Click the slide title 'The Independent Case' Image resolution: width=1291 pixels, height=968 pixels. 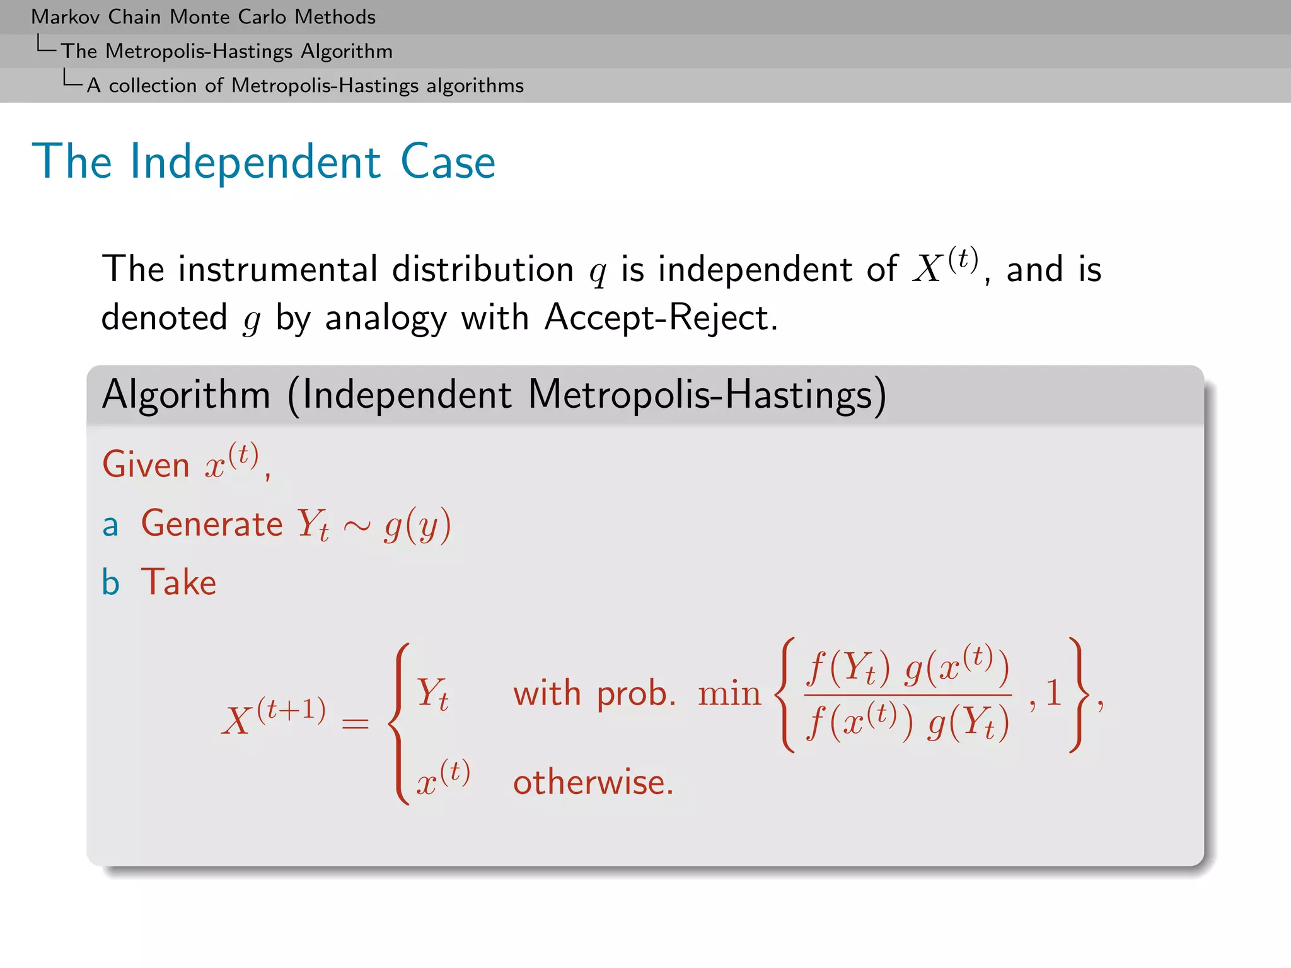pyautogui.click(x=263, y=162)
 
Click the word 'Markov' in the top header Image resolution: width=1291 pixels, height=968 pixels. pyautogui.click(x=66, y=17)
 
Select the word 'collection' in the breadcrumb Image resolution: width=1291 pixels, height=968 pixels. pyautogui.click(x=153, y=86)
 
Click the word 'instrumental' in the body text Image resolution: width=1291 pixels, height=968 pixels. pyautogui.click(x=277, y=269)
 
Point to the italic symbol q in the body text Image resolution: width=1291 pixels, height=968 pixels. pyautogui.click(x=598, y=272)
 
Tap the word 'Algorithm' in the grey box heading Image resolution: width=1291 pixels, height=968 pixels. pyautogui.click(x=186, y=395)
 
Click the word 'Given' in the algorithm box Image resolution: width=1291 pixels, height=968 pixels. pyautogui.click(x=146, y=465)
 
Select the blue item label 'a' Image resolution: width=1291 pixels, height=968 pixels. pyautogui.click(x=110, y=525)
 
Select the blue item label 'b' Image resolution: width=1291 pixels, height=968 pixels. pyautogui.click(x=110, y=582)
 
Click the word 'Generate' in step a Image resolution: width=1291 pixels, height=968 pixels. pyautogui.click(x=212, y=524)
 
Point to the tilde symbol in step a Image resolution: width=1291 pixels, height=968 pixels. pyautogui.click(x=357, y=526)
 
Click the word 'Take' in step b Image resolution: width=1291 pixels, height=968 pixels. pyautogui.click(x=178, y=582)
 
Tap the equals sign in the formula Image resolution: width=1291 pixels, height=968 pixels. pyautogui.click(x=355, y=723)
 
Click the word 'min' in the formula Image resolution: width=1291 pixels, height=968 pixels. pyautogui.click(x=729, y=694)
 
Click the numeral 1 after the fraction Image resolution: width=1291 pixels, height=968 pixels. pyautogui.click(x=1053, y=693)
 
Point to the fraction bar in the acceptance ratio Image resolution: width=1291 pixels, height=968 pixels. pyautogui.click(x=908, y=695)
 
